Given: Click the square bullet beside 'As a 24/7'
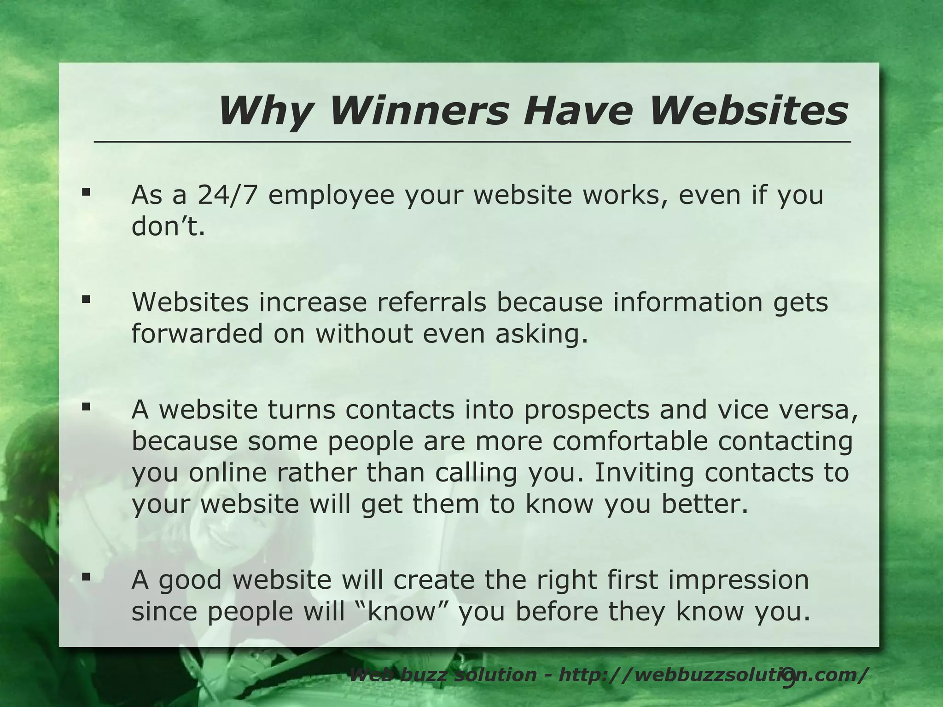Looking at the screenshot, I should (86, 192).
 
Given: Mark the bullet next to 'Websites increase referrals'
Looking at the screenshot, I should (86, 300).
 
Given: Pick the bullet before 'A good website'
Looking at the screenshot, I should (86, 577).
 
